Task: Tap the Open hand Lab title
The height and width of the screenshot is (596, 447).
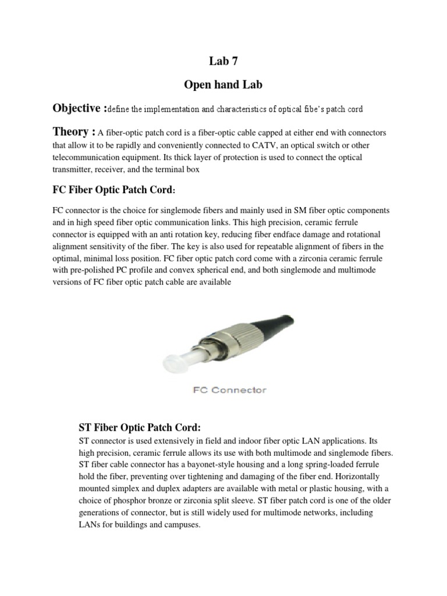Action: [x=223, y=85]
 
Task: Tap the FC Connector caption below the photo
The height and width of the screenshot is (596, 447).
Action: [x=229, y=389]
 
